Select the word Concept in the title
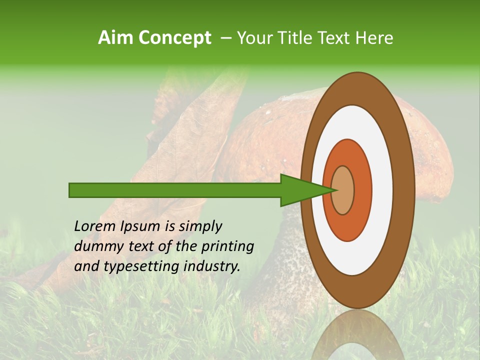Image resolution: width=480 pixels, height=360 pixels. click(174, 38)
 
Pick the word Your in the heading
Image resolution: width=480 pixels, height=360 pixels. click(254, 38)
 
